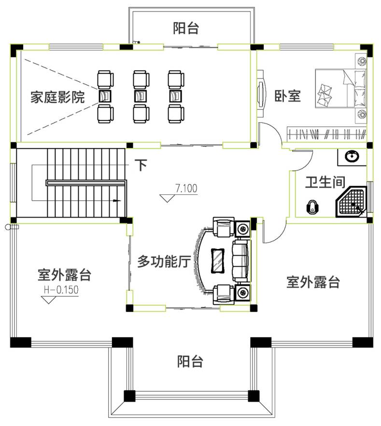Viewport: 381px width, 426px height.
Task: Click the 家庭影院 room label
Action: pyautogui.click(x=57, y=97)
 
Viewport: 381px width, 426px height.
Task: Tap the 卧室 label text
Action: pyautogui.click(x=288, y=96)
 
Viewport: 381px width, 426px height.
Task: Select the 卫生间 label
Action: pyautogui.click(x=325, y=182)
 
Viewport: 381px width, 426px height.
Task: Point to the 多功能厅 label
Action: pyautogui.click(x=164, y=262)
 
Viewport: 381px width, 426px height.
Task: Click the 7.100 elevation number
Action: pyautogui.click(x=186, y=188)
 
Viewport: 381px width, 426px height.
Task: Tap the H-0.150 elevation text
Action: pyautogui.click(x=61, y=290)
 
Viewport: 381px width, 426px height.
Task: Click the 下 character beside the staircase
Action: pyautogui.click(x=141, y=165)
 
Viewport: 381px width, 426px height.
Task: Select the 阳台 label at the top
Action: pyautogui.click(x=186, y=28)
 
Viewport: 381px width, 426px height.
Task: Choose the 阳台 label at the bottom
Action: pyautogui.click(x=190, y=362)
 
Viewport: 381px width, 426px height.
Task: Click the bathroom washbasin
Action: pyautogui.click(x=352, y=157)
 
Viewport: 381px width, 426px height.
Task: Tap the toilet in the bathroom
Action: pyautogui.click(x=312, y=207)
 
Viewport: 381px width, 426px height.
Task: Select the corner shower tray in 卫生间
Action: pyautogui.click(x=352, y=201)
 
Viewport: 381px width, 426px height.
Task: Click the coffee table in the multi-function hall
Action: pyautogui.click(x=218, y=260)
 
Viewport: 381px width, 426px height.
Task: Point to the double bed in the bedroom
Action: pyautogui.click(x=340, y=88)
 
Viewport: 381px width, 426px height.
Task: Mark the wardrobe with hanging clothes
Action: pyautogui.click(x=327, y=133)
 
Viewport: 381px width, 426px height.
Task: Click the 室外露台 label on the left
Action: pyautogui.click(x=64, y=275)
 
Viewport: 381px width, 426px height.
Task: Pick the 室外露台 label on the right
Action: pyautogui.click(x=313, y=282)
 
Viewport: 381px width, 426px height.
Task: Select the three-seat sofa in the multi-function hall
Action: pyautogui.click(x=240, y=261)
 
